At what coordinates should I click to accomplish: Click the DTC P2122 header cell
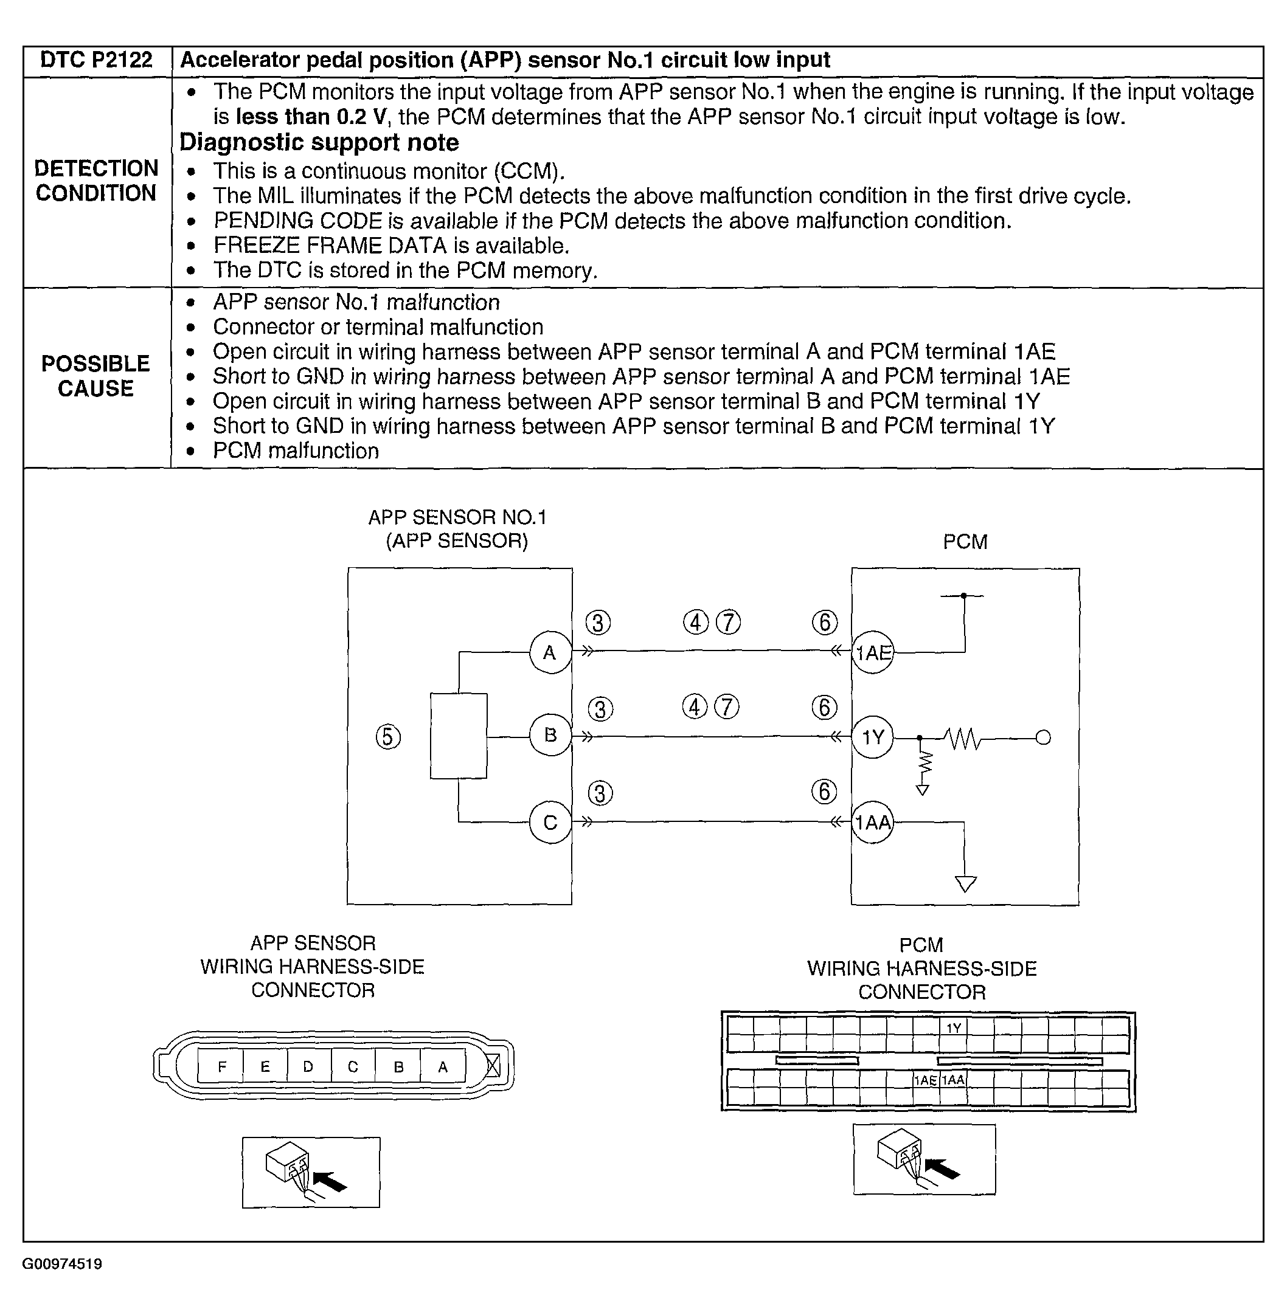97,61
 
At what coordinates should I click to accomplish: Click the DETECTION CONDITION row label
96,181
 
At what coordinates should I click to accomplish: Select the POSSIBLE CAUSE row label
96,376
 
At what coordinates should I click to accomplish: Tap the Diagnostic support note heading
319,143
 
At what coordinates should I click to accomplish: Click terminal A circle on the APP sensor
550,653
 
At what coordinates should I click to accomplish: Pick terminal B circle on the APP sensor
550,735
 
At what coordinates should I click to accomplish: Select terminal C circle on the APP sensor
550,823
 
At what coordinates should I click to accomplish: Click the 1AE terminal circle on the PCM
873,653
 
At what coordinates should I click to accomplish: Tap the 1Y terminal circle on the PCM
873,737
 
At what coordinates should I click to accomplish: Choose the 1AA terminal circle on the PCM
873,823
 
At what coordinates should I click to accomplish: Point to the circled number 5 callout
388,737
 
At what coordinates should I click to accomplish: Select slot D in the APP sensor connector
308,1067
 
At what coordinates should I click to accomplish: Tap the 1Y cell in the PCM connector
954,1029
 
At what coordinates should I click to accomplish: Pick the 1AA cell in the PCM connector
953,1080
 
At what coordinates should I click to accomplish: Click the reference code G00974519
62,1265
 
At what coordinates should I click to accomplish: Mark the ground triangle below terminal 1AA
965,884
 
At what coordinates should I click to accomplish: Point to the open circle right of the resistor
1043,737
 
